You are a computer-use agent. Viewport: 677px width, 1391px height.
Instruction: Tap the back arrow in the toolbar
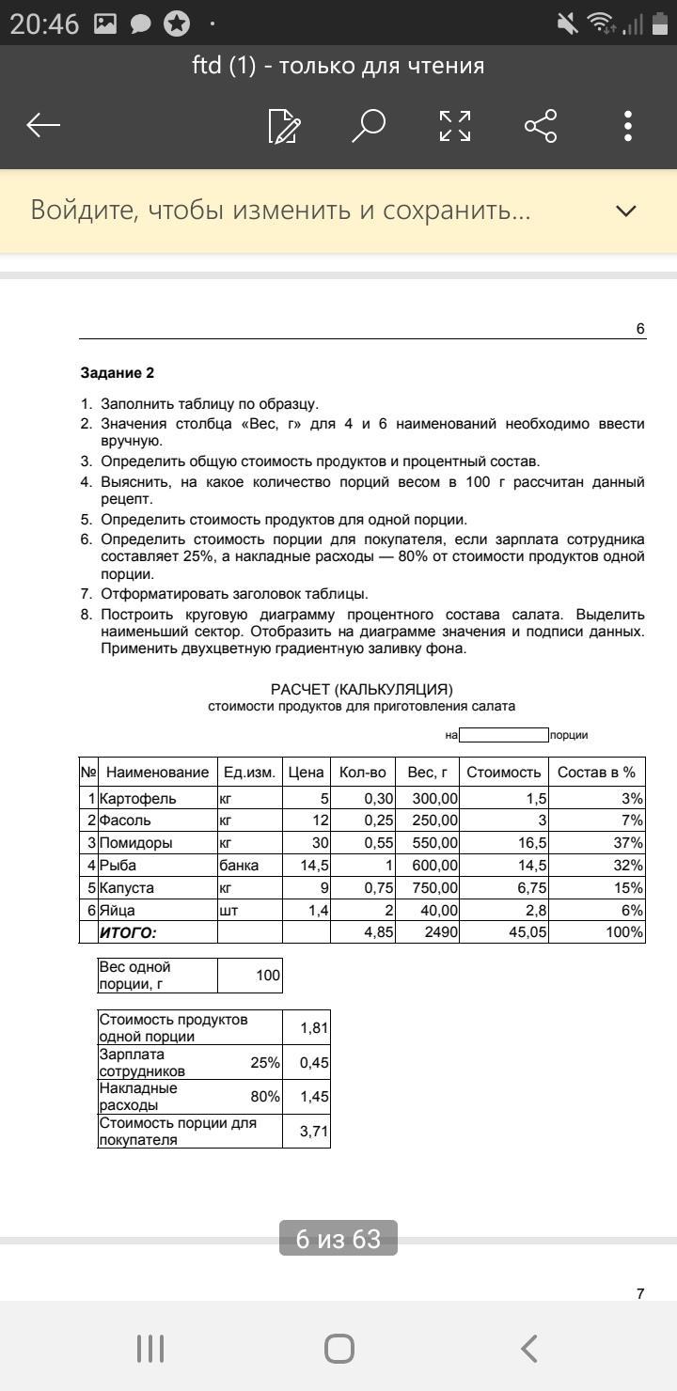(43, 125)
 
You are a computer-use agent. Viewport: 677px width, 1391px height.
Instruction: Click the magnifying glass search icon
(369, 125)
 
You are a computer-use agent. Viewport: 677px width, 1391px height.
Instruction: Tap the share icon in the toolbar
(541, 125)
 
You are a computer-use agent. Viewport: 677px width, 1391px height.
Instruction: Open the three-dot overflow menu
(627, 125)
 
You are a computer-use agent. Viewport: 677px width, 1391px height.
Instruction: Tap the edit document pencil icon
(284, 125)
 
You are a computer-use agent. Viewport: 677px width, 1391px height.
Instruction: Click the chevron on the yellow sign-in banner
(626, 211)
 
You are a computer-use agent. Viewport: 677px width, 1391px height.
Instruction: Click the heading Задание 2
(117, 373)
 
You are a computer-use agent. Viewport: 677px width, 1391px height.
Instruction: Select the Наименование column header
(157, 773)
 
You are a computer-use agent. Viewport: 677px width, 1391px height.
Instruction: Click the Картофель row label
(137, 798)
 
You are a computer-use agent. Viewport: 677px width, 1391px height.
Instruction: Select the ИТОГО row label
(128, 932)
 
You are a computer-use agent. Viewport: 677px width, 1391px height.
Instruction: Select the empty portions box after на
(503, 735)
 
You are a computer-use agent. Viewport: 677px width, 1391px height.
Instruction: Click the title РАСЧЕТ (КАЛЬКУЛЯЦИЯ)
(362, 689)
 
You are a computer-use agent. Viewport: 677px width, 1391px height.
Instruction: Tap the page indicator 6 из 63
(338, 1239)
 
